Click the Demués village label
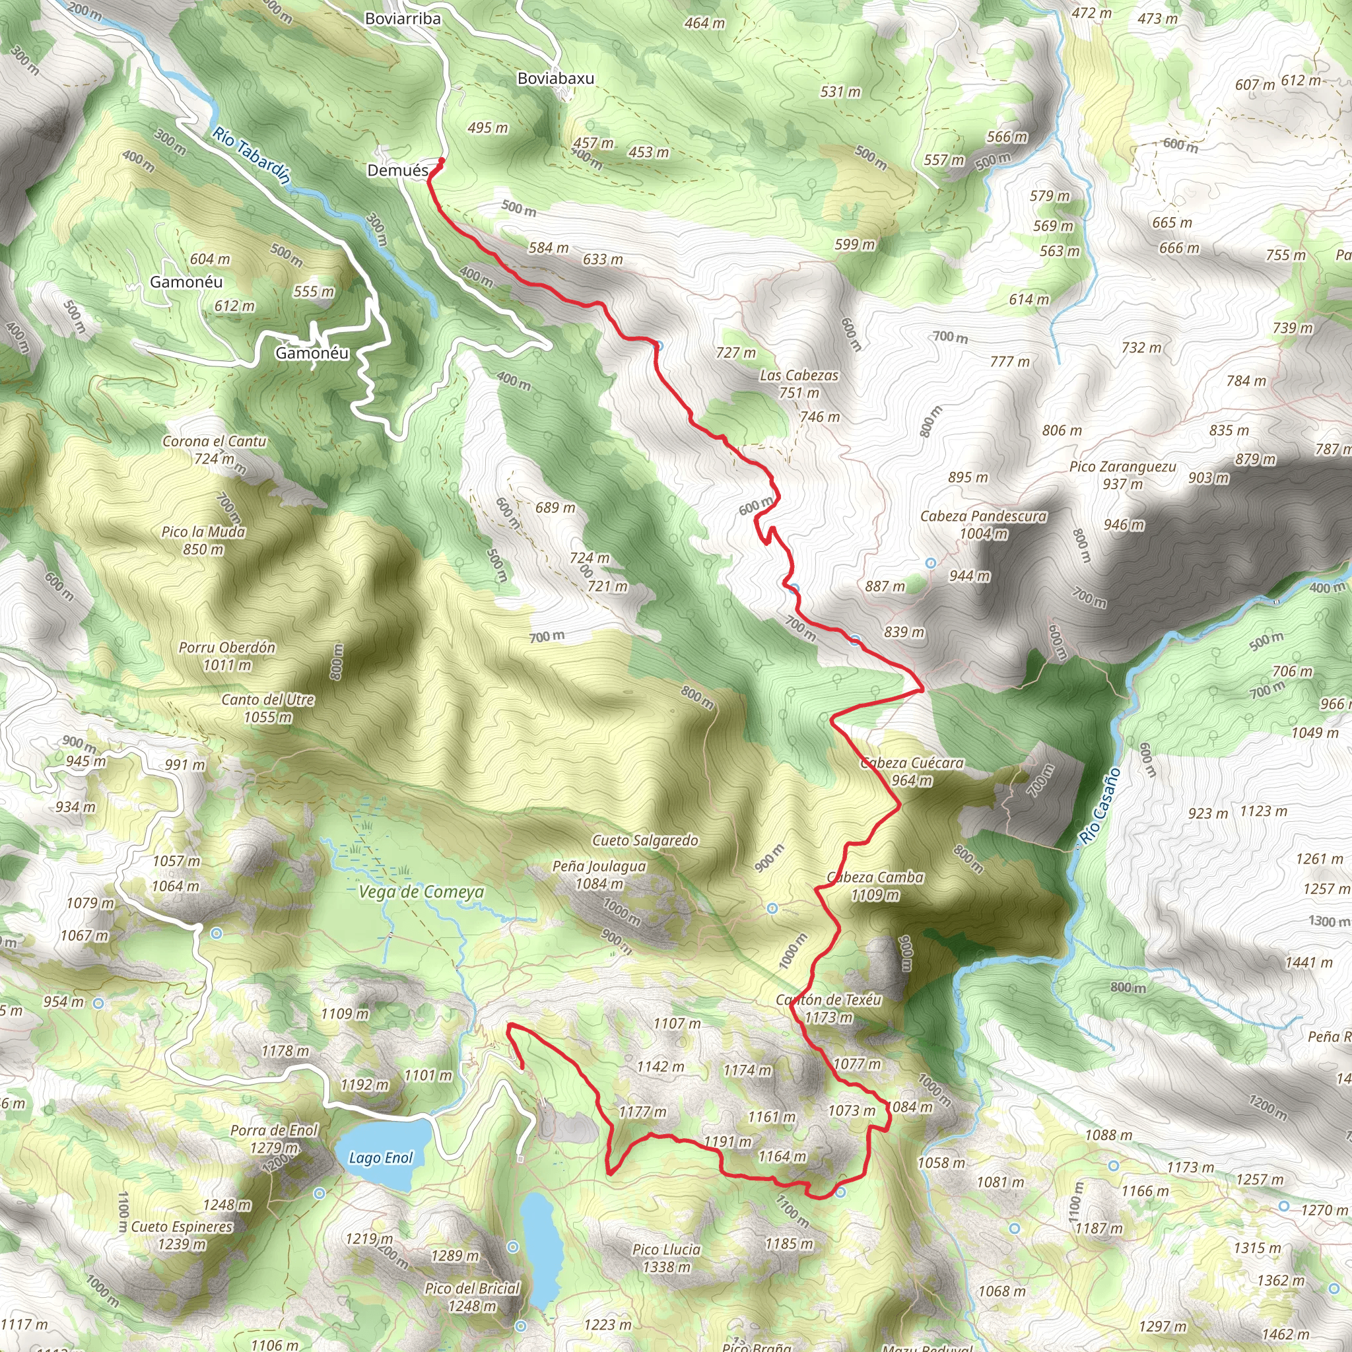397,171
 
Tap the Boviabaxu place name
556,79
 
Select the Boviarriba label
403,19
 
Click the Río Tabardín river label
252,155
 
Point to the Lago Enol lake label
381,1157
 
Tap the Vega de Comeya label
421,893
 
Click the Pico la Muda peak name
203,532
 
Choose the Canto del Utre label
268,700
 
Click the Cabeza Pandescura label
983,516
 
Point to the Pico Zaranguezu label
1122,467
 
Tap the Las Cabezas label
799,376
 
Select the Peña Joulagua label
599,866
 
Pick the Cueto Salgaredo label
644,840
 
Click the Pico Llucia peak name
666,1249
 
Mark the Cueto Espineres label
182,1227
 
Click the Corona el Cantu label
214,442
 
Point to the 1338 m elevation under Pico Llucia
667,1267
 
